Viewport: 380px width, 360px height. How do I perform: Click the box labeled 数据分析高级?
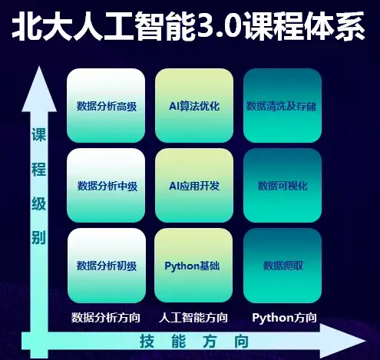[x=106, y=105]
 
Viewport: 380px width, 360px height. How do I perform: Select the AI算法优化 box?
[x=194, y=105]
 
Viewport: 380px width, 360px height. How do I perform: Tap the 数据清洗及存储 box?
[x=283, y=105]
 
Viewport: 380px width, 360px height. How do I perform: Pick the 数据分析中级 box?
[x=106, y=186]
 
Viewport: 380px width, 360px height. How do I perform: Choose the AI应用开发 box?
[x=194, y=186]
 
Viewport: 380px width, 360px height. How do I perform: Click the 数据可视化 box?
[x=283, y=186]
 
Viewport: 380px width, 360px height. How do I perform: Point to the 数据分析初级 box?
[x=107, y=266]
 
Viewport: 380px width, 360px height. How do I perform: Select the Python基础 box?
[x=193, y=266]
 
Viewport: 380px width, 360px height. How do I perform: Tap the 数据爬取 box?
[x=283, y=266]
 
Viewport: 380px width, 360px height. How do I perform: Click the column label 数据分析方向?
[x=106, y=318]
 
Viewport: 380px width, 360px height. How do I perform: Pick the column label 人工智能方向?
[x=193, y=318]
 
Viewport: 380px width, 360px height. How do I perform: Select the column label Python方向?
[x=284, y=318]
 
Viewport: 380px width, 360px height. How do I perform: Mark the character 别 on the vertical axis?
[x=38, y=238]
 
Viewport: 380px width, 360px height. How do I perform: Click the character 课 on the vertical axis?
[x=38, y=134]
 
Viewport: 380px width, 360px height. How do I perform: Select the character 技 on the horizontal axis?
[x=147, y=341]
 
